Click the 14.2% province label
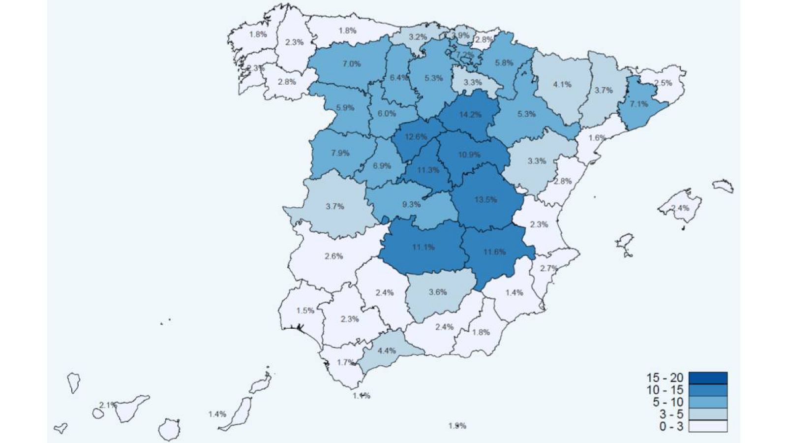pyautogui.click(x=470, y=115)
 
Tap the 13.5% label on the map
pyautogui.click(x=485, y=199)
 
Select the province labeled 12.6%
pyautogui.click(x=416, y=137)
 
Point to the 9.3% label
pyautogui.click(x=411, y=204)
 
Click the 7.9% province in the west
pyautogui.click(x=340, y=153)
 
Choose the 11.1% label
pyautogui.click(x=423, y=247)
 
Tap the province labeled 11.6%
pyautogui.click(x=494, y=252)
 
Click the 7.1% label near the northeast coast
pyautogui.click(x=638, y=104)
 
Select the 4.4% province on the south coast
pyautogui.click(x=387, y=351)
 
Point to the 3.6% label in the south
pyautogui.click(x=437, y=292)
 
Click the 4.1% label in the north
pyautogui.click(x=562, y=84)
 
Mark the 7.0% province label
pyautogui.click(x=351, y=63)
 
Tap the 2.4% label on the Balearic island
pyautogui.click(x=680, y=208)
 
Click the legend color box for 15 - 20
pyautogui.click(x=708, y=378)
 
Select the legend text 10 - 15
pyautogui.click(x=665, y=390)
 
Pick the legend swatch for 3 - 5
pyautogui.click(x=708, y=414)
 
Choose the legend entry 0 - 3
pyautogui.click(x=671, y=426)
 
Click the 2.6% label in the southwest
pyautogui.click(x=333, y=256)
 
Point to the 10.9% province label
pyautogui.click(x=469, y=155)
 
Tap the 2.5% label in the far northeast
pyautogui.click(x=663, y=83)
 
